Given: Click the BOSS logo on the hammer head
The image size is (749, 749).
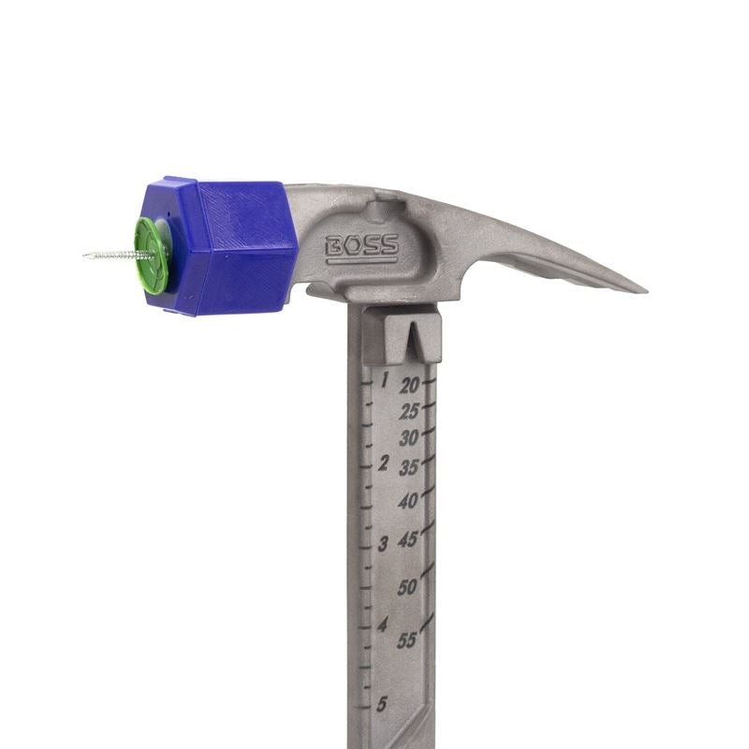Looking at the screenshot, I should (x=361, y=249).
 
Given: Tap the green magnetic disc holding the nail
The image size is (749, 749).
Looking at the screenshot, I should (x=152, y=254).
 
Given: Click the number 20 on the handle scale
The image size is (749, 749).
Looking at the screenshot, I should (x=410, y=385).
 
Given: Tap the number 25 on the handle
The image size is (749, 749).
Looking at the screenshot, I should (x=409, y=411).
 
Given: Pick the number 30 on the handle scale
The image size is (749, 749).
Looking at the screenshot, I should (x=409, y=438).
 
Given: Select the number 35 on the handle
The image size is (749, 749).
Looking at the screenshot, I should (x=409, y=469).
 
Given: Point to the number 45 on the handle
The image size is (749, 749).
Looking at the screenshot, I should (x=408, y=541).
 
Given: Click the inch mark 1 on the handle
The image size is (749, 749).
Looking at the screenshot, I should (x=384, y=380).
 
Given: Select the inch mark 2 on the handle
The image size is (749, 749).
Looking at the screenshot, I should (x=383, y=463).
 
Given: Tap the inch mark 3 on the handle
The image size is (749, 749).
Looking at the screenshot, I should (x=382, y=544).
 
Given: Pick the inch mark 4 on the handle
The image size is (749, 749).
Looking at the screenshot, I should (x=382, y=625).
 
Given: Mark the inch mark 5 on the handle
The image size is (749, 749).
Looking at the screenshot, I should (x=381, y=705).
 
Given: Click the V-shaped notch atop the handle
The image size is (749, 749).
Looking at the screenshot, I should (x=419, y=338).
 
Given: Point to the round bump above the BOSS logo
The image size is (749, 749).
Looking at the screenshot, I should (x=380, y=205).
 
